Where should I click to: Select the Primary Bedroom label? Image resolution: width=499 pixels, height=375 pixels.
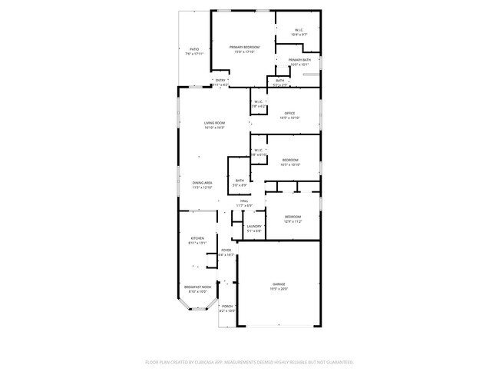tap(244, 47)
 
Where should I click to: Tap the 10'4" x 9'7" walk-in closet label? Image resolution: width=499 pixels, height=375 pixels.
tap(299, 32)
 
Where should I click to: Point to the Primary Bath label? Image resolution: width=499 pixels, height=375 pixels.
tap(299, 60)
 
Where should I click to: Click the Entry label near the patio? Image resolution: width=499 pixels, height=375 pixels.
tap(220, 80)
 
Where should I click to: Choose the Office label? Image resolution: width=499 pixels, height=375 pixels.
tap(289, 114)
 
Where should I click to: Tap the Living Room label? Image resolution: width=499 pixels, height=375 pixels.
tap(214, 123)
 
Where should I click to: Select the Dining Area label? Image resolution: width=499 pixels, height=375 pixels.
tap(202, 183)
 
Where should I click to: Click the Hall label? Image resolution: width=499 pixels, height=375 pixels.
tap(244, 201)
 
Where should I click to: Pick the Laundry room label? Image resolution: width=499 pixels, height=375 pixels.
tap(254, 226)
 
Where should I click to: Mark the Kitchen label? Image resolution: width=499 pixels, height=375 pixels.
tap(197, 239)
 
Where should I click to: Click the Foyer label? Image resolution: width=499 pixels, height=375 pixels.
tap(226, 250)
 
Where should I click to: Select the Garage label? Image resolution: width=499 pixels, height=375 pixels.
tap(278, 284)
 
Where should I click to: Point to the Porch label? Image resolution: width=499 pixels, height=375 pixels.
tap(226, 306)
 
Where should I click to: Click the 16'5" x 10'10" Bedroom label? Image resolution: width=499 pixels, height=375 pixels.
tap(289, 160)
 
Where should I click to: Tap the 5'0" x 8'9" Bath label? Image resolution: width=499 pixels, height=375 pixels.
tap(240, 181)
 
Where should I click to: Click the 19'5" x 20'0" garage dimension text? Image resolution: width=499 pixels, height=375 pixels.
tap(278, 289)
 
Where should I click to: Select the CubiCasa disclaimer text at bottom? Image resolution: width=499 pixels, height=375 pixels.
tap(249, 361)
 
